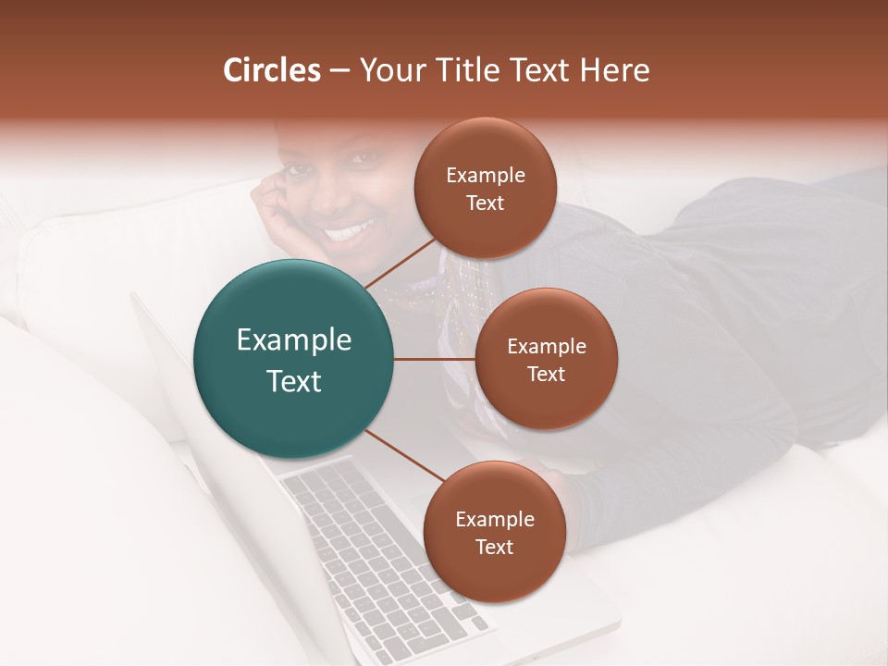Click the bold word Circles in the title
[272, 70]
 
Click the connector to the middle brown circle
[435, 359]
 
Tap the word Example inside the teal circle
[294, 340]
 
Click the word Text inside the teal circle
[294, 381]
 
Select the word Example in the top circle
[486, 176]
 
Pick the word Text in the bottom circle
[494, 547]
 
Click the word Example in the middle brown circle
[547, 347]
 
